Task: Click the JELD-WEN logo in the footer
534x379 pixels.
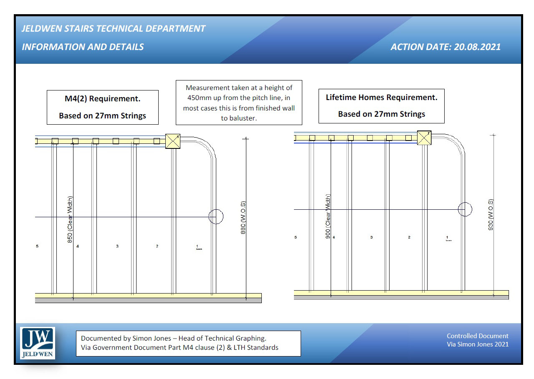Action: click(38, 343)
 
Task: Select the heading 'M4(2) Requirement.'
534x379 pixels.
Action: click(102, 99)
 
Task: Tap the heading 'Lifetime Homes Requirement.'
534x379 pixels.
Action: click(381, 98)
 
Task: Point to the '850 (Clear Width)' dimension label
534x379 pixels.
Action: click(70, 219)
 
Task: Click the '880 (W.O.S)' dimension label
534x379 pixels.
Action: click(243, 218)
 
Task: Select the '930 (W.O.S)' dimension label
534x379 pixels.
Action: click(491, 215)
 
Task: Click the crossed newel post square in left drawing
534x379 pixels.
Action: click(173, 141)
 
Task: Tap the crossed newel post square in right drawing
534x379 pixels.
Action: click(424, 138)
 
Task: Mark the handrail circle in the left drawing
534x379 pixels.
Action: click(216, 217)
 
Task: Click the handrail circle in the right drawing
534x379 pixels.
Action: click(465, 209)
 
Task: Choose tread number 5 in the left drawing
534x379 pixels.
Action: click(37, 246)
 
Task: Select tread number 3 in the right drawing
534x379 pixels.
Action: click(371, 237)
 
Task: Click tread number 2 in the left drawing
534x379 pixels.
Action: click(157, 246)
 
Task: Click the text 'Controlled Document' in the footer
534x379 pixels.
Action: click(477, 336)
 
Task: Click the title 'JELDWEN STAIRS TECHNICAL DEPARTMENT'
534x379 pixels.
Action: click(114, 29)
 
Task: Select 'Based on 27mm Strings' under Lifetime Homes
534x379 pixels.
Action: click(381, 114)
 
